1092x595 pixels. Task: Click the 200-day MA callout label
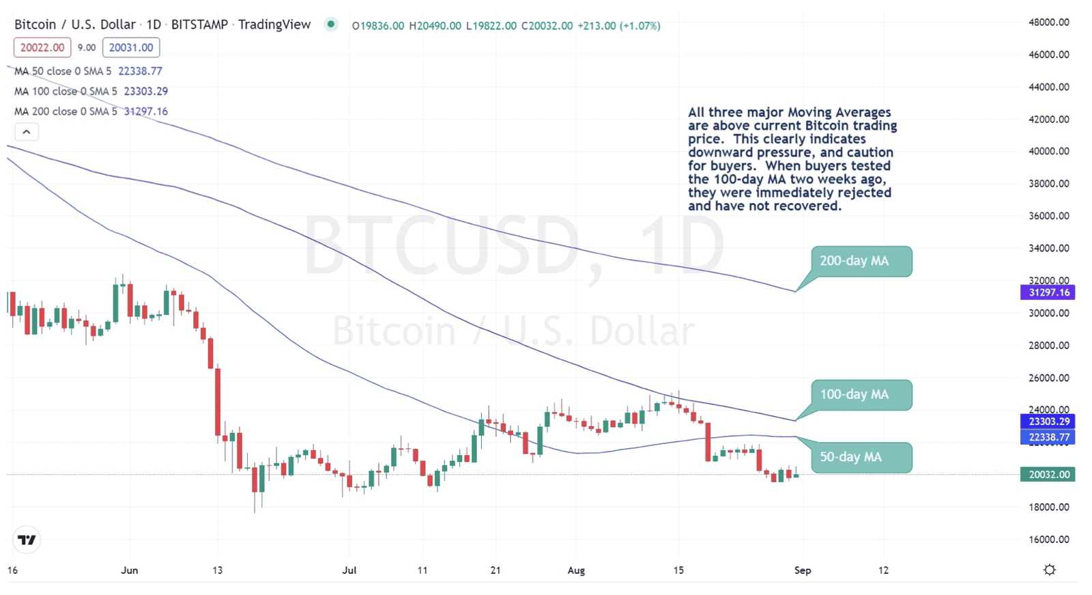pyautogui.click(x=861, y=261)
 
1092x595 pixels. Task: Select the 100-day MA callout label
pyautogui.click(x=861, y=395)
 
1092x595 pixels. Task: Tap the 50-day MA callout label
pyautogui.click(x=861, y=457)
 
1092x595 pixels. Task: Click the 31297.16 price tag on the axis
pyautogui.click(x=1048, y=292)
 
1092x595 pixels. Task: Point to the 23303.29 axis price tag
pyautogui.click(x=1048, y=421)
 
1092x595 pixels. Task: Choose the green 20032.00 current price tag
pyautogui.click(x=1048, y=474)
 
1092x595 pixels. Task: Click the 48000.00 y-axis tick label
pyautogui.click(x=1048, y=22)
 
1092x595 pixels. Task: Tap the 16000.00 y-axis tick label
pyautogui.click(x=1048, y=539)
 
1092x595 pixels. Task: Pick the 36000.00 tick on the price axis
pyautogui.click(x=1048, y=216)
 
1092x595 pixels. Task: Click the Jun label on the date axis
pyautogui.click(x=129, y=570)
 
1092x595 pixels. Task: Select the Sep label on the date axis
pyautogui.click(x=803, y=570)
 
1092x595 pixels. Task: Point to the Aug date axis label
pyautogui.click(x=576, y=570)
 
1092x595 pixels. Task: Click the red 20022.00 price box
pyautogui.click(x=42, y=47)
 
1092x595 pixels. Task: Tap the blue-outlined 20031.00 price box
pyautogui.click(x=131, y=47)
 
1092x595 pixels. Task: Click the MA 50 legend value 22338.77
pyautogui.click(x=140, y=71)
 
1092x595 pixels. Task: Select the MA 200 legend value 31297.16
pyautogui.click(x=145, y=111)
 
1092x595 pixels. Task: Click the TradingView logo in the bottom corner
pyautogui.click(x=27, y=540)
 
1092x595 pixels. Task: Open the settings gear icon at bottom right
pyautogui.click(x=1050, y=570)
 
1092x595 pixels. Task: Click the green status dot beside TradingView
pyautogui.click(x=331, y=25)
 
